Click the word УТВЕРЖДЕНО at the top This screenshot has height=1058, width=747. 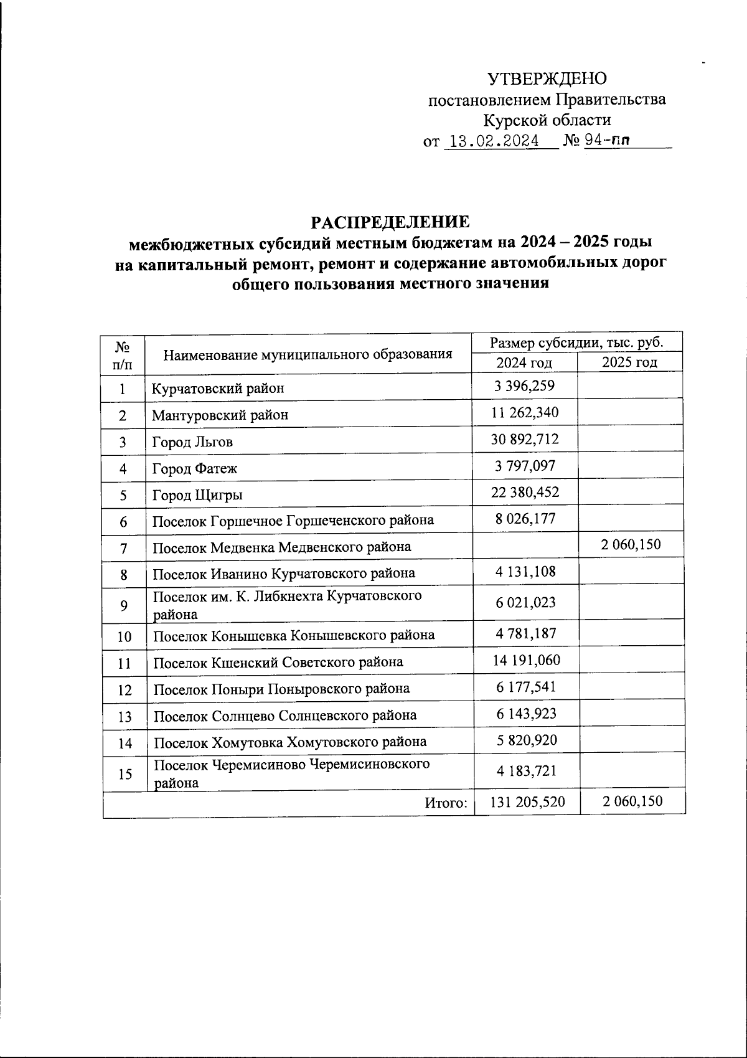click(x=547, y=78)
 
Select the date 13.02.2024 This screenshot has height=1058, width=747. click(x=494, y=141)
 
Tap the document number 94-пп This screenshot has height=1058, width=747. click(x=606, y=141)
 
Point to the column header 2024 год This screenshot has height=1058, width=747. click(x=524, y=362)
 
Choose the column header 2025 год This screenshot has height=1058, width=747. click(x=630, y=362)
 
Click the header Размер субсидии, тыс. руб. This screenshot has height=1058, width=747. click(x=576, y=342)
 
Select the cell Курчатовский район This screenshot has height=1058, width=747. click(x=209, y=389)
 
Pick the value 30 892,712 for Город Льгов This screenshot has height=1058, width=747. click(x=525, y=440)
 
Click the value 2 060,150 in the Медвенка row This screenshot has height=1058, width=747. click(x=631, y=546)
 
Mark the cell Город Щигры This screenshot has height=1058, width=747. click(x=197, y=496)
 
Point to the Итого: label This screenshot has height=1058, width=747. click(x=446, y=803)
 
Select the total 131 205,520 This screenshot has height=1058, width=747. click(x=527, y=801)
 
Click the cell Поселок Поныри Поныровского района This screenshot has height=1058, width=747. click(x=281, y=689)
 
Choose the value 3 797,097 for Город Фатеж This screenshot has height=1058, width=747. click(x=525, y=466)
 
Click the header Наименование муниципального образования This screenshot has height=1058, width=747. click(x=308, y=355)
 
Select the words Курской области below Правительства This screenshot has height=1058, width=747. click(x=547, y=120)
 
